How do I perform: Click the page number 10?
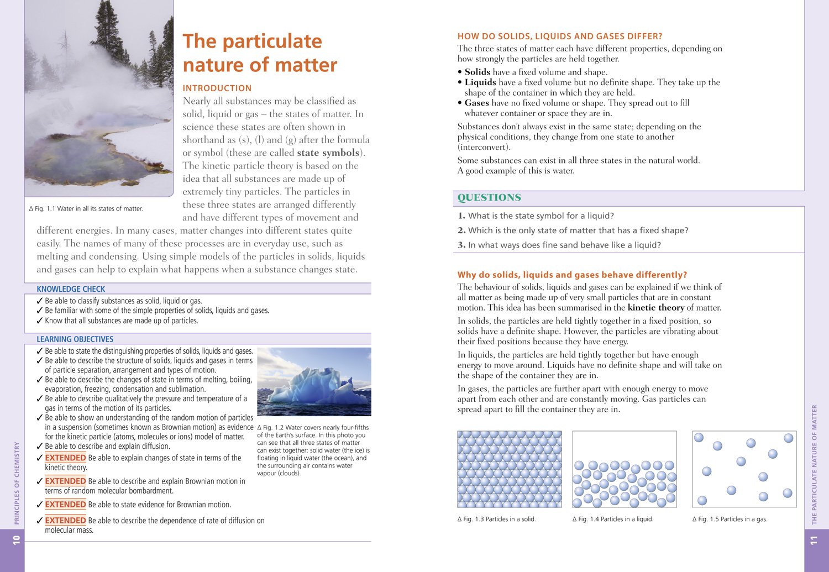click(17, 539)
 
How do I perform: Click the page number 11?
click(814, 540)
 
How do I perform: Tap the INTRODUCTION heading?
click(217, 88)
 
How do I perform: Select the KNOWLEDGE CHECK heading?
click(71, 289)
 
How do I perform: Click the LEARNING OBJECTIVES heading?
click(75, 339)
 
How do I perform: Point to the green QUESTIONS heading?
click(489, 198)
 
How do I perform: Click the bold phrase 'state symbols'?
click(328, 153)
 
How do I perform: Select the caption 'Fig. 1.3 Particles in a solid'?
click(497, 519)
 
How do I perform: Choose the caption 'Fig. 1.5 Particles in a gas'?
click(730, 519)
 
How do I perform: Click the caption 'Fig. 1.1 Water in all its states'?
click(86, 209)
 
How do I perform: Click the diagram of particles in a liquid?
click(624, 470)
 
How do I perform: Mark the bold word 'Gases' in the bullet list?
click(477, 103)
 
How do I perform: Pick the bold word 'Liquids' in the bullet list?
click(480, 82)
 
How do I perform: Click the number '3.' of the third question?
click(461, 245)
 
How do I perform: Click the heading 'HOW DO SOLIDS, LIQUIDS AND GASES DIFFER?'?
click(559, 36)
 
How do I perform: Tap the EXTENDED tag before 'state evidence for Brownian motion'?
click(65, 505)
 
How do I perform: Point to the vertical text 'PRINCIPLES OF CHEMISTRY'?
click(17, 482)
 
